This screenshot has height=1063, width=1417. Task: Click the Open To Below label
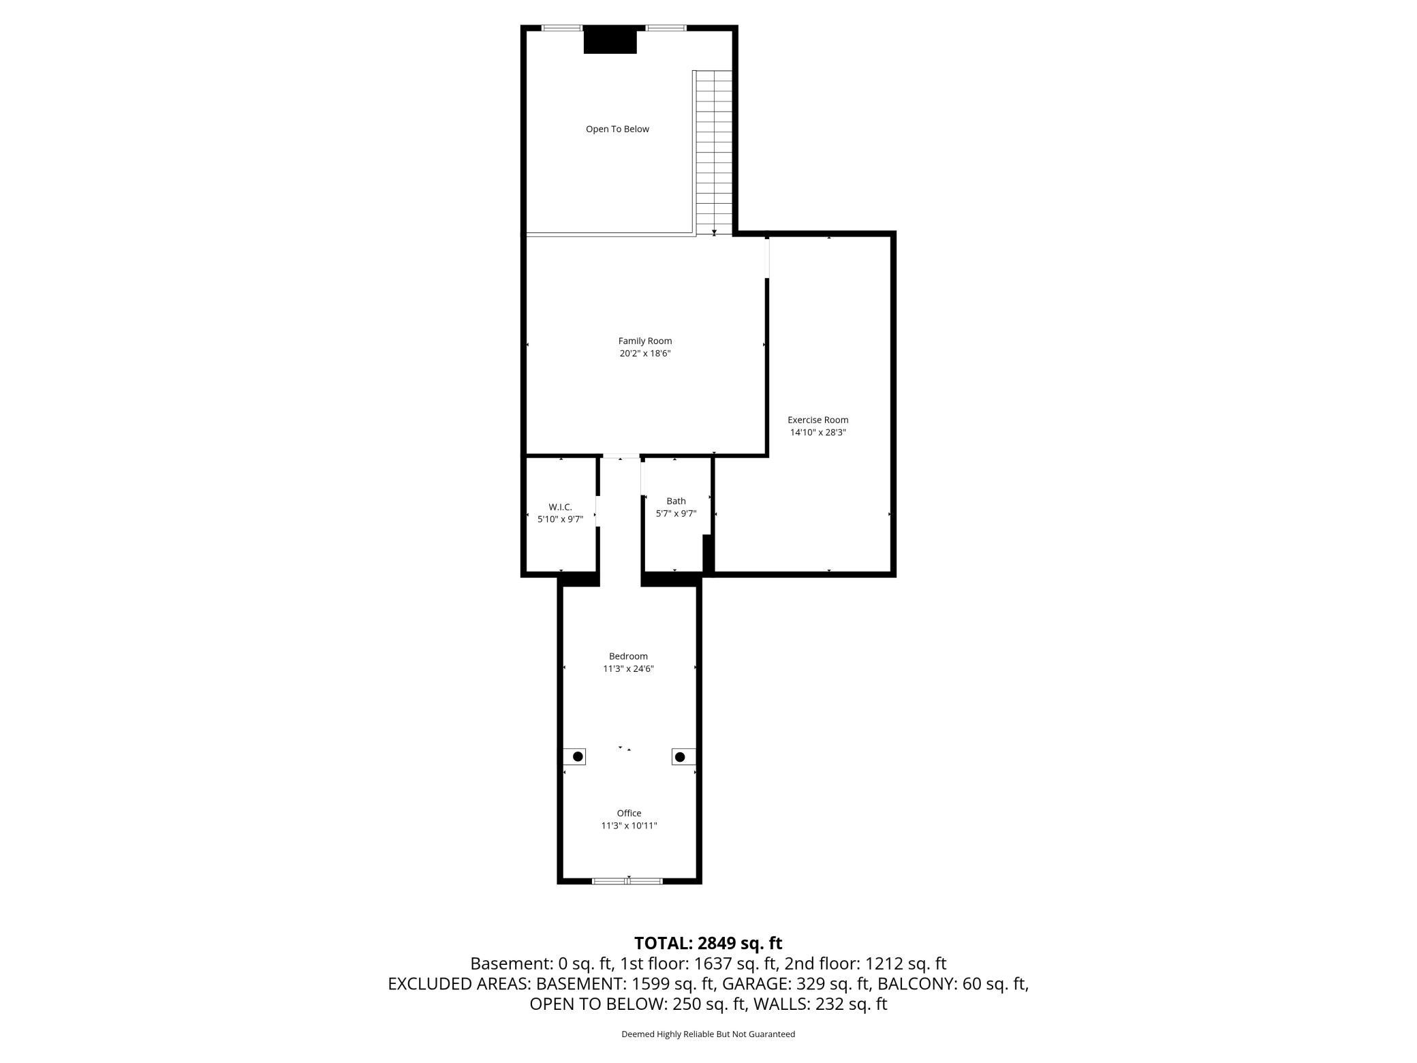617,129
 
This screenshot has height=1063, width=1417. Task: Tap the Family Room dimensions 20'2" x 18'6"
644,353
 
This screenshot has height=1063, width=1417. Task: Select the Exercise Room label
817,420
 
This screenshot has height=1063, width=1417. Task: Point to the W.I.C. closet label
560,507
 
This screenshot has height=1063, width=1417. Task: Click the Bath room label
676,501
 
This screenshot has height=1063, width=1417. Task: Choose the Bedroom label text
628,656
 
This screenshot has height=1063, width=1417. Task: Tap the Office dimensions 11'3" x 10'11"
628,825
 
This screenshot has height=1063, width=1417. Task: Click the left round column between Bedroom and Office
578,756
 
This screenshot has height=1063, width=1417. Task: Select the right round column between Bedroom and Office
679,756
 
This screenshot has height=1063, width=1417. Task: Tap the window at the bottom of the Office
627,881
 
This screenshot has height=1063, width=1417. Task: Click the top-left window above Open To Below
562,28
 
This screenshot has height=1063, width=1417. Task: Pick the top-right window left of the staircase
666,28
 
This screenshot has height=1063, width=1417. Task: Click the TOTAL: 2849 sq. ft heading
708,943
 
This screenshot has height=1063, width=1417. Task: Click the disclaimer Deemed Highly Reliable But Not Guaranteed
708,1034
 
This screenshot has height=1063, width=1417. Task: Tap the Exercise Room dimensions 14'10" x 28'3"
817,432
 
